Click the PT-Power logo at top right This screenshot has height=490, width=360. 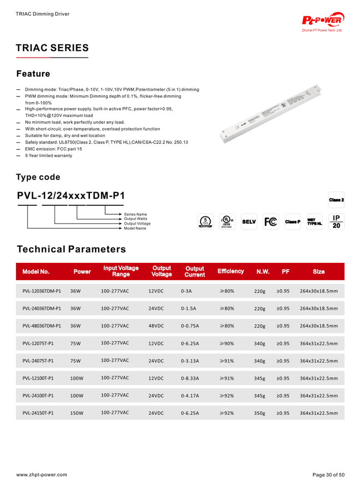pyautogui.click(x=323, y=21)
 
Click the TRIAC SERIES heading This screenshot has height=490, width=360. pyautogui.click(x=52, y=48)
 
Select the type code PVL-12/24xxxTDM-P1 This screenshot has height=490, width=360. pyautogui.click(x=71, y=196)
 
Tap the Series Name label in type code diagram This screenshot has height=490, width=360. pyautogui.click(x=135, y=214)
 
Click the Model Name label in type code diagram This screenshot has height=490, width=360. pyautogui.click(x=135, y=228)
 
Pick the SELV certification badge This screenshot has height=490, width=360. pyautogui.click(x=249, y=222)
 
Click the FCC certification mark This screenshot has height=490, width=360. pyautogui.click(x=271, y=222)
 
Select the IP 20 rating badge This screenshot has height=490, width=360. pyautogui.click(x=337, y=222)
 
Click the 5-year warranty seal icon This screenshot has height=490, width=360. pyautogui.click(x=204, y=222)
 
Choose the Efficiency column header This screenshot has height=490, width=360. pyautogui.click(x=230, y=272)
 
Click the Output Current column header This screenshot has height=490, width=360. pyautogui.click(x=195, y=272)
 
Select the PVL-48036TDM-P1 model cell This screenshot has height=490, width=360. pyautogui.click(x=42, y=326)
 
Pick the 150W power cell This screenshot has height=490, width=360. pyautogui.click(x=77, y=413)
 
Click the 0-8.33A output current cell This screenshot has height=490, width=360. pyautogui.click(x=190, y=378)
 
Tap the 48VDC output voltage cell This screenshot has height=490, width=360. pyautogui.click(x=156, y=326)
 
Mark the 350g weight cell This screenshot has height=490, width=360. pyautogui.click(x=259, y=413)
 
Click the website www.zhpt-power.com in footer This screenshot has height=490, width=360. pyautogui.click(x=42, y=475)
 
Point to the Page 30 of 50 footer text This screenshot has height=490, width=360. pyautogui.click(x=328, y=475)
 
